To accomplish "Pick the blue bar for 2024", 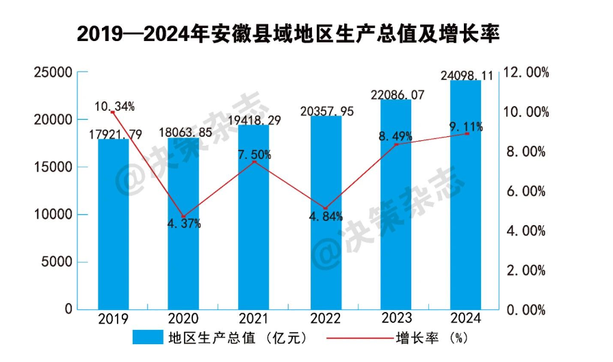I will click(466, 195).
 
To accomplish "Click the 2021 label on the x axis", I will click(255, 320).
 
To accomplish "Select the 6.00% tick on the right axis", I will click(526, 191).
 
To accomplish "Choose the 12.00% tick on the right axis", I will click(526, 73).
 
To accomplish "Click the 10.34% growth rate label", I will click(114, 106).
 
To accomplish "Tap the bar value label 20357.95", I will click(327, 112).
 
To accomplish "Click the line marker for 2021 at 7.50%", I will click(255, 161).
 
